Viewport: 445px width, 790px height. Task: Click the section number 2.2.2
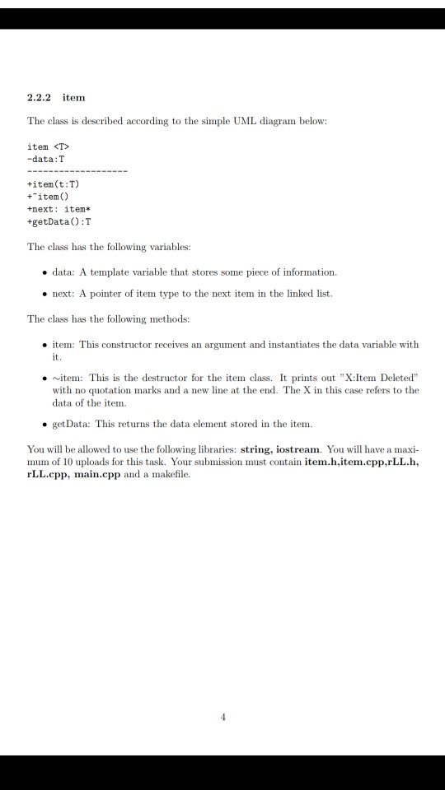pyautogui.click(x=40, y=98)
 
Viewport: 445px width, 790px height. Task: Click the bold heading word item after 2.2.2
pyautogui.click(x=74, y=98)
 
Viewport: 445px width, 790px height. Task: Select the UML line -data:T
pyautogui.click(x=45, y=159)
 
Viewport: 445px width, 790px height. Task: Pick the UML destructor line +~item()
pyautogui.click(x=49, y=197)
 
